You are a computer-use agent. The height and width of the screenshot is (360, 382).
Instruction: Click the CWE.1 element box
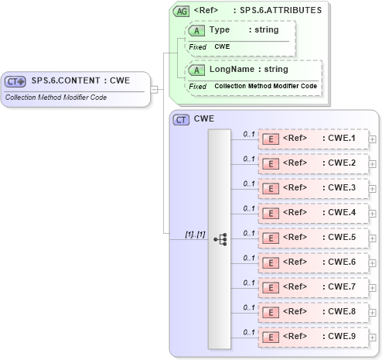(312, 139)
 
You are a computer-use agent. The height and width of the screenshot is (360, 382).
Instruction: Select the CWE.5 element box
(312, 238)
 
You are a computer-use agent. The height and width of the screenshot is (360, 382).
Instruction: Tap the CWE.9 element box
(312, 338)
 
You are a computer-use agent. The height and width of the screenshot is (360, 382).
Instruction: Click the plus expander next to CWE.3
(373, 189)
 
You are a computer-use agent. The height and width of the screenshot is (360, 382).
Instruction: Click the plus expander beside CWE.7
(373, 288)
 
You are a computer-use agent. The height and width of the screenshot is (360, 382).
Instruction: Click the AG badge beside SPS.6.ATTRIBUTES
(181, 12)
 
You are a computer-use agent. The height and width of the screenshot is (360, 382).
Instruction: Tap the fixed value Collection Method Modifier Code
(265, 86)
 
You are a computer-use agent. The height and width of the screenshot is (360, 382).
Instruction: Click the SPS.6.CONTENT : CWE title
(80, 81)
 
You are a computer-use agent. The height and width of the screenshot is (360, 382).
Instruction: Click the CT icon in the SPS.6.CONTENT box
(15, 81)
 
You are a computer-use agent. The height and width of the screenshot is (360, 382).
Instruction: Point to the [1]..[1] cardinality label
(195, 233)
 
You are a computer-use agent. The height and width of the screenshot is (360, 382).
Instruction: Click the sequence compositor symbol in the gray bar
(220, 239)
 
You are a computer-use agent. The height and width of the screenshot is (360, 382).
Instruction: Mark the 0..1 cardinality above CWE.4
(249, 208)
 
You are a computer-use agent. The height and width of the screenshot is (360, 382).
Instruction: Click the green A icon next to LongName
(196, 70)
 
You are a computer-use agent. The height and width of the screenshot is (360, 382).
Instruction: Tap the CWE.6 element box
(312, 263)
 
